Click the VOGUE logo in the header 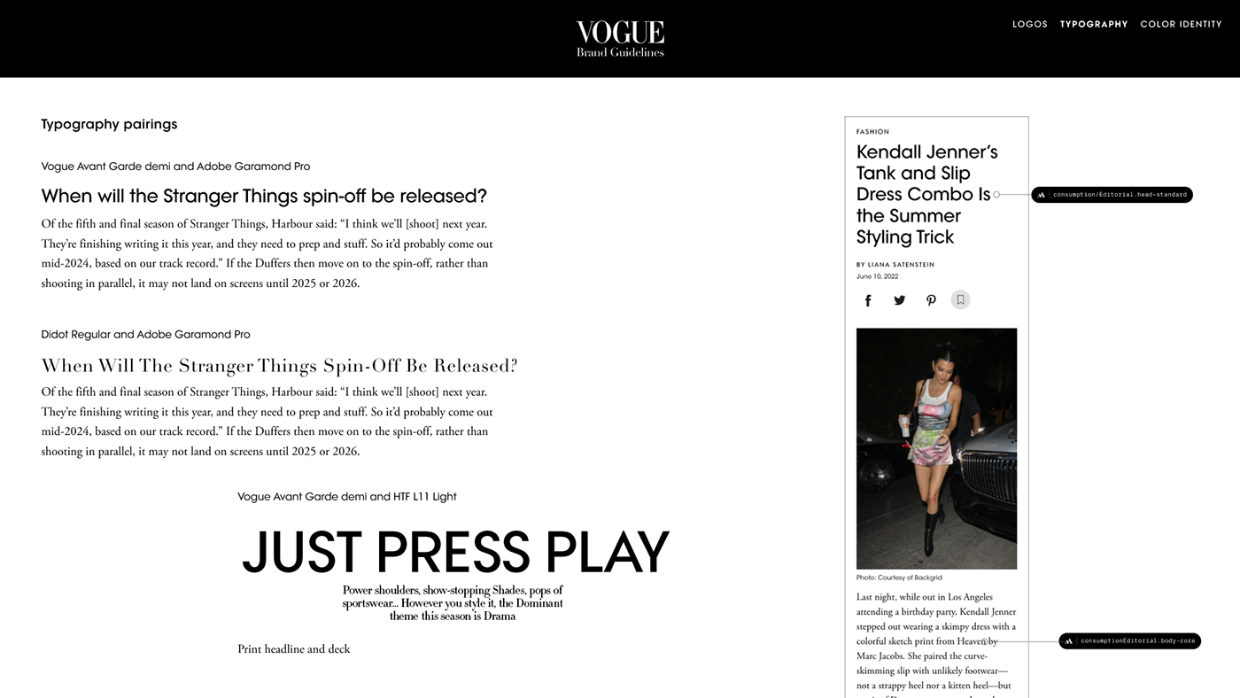point(620,34)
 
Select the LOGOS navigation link point(1029,25)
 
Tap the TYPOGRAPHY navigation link point(1094,25)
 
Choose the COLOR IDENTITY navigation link point(1181,25)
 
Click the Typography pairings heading point(109,124)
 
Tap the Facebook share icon point(868,300)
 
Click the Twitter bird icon point(899,300)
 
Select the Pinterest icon point(931,300)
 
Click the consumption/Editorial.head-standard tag point(1112,195)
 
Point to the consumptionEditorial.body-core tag point(1129,641)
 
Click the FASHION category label point(872,132)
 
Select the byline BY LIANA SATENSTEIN point(895,265)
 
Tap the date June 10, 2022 point(877,276)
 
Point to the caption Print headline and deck point(293,649)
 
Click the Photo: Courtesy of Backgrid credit point(899,578)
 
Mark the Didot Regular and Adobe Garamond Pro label point(145,335)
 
